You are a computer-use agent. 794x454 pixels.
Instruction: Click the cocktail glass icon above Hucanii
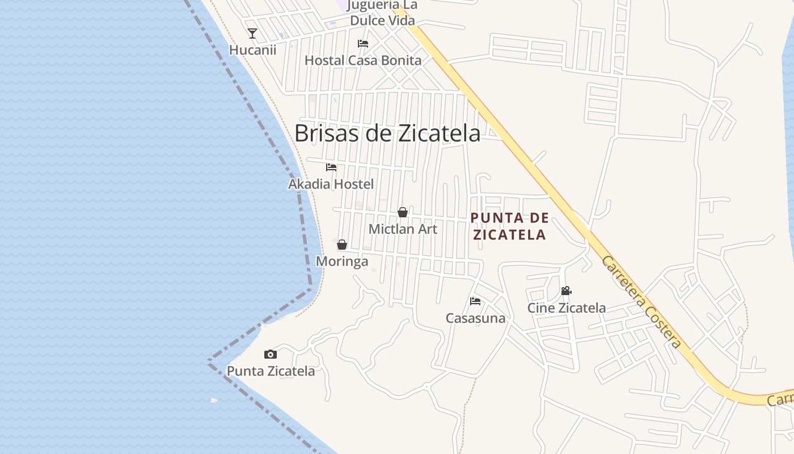point(252,33)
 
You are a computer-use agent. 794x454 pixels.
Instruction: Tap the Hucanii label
point(252,50)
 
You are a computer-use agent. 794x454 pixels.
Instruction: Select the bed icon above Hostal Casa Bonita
point(363,44)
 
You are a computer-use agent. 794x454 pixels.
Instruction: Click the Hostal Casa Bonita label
point(363,60)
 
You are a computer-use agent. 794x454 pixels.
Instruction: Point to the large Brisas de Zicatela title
point(387,133)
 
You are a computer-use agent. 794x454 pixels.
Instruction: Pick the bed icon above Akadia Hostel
point(331,167)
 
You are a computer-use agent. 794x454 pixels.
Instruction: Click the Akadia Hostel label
point(331,184)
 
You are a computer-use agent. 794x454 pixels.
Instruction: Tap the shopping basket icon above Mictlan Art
point(403,212)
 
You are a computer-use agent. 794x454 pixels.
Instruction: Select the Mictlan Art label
point(403,229)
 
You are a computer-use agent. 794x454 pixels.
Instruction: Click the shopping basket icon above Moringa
point(342,245)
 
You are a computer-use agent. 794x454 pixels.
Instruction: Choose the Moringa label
point(342,262)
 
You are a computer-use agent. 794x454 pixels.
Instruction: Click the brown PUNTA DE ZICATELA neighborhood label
point(510,226)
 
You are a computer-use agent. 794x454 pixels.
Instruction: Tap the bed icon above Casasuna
point(475,301)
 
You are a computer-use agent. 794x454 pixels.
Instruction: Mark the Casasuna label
point(475,318)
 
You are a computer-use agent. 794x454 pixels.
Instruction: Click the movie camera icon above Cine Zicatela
point(566,291)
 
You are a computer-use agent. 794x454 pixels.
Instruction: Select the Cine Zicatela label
point(567,308)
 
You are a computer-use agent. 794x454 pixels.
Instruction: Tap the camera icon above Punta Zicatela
point(271,355)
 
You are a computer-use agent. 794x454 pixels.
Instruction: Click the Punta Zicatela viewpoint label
point(271,371)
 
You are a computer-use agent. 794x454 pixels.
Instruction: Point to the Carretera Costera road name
point(640,301)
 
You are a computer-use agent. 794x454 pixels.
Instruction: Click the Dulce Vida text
point(382,20)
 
